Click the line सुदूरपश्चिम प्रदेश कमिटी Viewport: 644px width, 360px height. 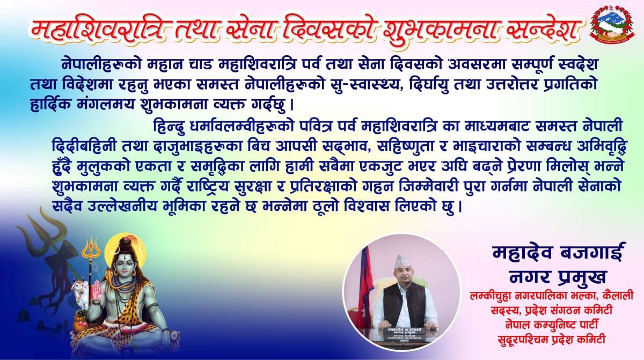point(552,340)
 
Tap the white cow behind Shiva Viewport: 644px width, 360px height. point(80,296)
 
